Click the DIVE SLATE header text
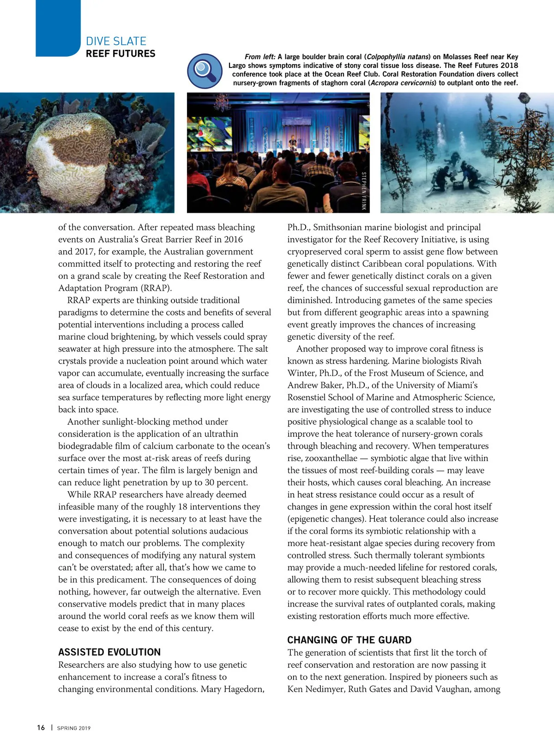click(116, 41)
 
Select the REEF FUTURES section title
click(120, 54)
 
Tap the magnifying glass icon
click(205, 71)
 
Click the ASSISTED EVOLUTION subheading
click(109, 652)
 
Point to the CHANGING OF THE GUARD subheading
click(349, 640)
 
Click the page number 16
click(41, 727)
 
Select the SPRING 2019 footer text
click(74, 728)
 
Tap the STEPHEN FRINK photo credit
click(364, 191)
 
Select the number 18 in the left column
click(183, 506)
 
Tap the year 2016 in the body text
click(233, 239)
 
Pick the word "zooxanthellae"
click(331, 458)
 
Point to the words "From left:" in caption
click(260, 57)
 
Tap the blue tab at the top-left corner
click(58, 28)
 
